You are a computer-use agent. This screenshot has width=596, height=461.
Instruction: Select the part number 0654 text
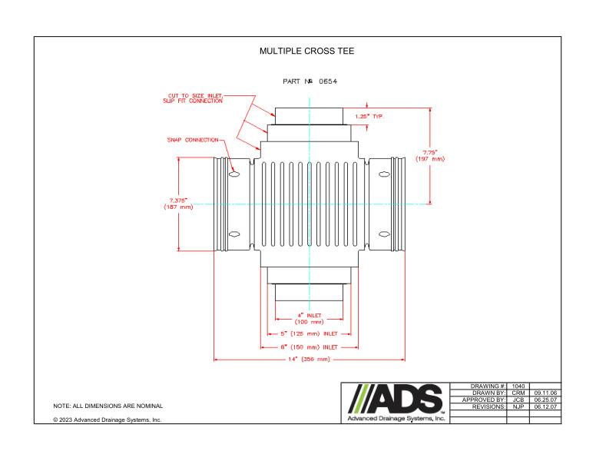pyautogui.click(x=311, y=81)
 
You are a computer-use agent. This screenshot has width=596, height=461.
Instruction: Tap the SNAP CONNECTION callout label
pyautogui.click(x=193, y=140)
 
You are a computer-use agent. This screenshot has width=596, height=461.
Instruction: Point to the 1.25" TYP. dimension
pyautogui.click(x=368, y=116)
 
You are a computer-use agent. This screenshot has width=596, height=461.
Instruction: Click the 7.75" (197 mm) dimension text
pyautogui.click(x=429, y=155)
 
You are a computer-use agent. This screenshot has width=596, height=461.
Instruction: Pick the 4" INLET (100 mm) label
pyautogui.click(x=309, y=319)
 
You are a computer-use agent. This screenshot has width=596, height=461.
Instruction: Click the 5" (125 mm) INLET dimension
pyautogui.click(x=309, y=333)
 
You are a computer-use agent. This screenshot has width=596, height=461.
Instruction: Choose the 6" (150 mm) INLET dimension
pyautogui.click(x=309, y=347)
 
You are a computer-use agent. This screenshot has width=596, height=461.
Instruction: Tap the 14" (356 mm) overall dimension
pyautogui.click(x=309, y=359)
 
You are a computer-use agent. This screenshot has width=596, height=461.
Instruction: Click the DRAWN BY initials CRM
pyautogui.click(x=518, y=393)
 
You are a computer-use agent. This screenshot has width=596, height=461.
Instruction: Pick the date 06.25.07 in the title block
pyautogui.click(x=545, y=400)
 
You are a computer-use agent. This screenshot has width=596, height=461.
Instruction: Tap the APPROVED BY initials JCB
pyautogui.click(x=518, y=400)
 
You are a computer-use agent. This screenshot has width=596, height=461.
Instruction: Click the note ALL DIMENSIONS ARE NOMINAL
pyautogui.click(x=108, y=406)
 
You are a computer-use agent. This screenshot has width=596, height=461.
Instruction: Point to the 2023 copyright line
pyautogui.click(x=107, y=420)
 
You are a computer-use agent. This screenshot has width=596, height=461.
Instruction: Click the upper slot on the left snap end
pyautogui.click(x=235, y=174)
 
